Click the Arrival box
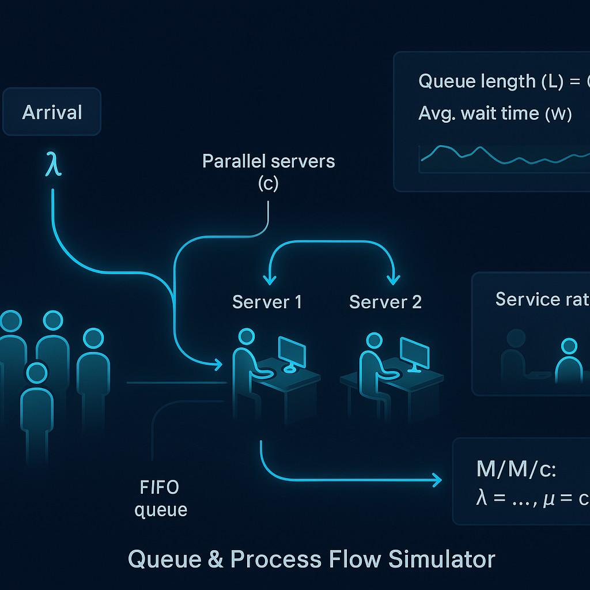pos(52,112)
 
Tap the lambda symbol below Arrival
pos(53,164)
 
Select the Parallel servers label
pos(268,161)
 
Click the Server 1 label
pos(267,301)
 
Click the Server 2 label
pos(385,301)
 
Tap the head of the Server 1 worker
pos(247,336)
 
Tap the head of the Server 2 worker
pos(374,340)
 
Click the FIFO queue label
pos(160,498)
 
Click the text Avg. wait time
pos(478,114)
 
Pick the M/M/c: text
pos(516,469)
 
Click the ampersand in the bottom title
pos(213,559)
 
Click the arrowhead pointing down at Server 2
pos(393,279)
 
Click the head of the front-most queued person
pos(37,373)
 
